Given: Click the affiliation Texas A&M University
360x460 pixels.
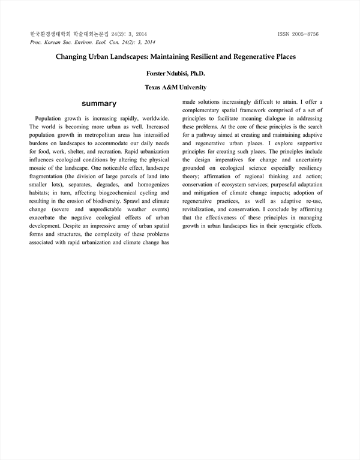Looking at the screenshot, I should [x=180, y=87].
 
